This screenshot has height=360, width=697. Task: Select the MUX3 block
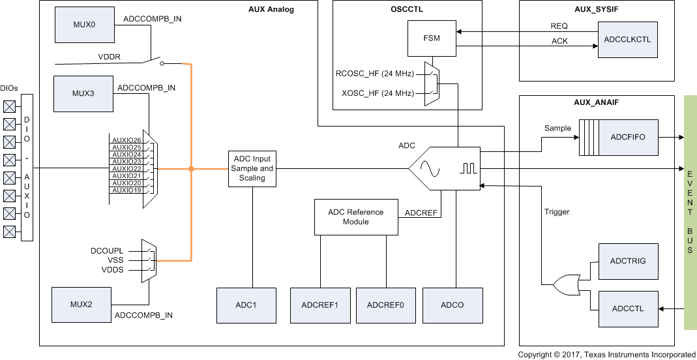pos(83,93)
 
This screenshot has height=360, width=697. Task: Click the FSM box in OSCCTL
pos(432,38)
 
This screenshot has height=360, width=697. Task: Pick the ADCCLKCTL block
pos(628,39)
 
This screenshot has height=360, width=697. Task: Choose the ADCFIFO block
pos(628,138)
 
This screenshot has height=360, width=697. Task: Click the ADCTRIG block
pos(628,261)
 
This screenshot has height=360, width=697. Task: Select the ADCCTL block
pos(628,308)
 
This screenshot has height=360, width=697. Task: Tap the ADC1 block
pos(246,305)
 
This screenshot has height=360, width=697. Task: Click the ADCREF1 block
pos(319,305)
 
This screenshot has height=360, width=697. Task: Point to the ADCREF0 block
pos(385,305)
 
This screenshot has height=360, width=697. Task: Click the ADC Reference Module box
pos(356,217)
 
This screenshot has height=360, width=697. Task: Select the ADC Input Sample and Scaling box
pos(252,169)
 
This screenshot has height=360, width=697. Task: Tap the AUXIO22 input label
pos(126,169)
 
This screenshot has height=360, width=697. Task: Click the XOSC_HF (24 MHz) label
pos(378,93)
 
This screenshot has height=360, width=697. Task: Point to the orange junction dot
pos(191,169)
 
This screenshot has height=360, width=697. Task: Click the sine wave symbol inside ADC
pos(432,169)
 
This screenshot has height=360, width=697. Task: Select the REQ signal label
pos(559,26)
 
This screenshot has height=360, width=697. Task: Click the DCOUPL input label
pos(103,251)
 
